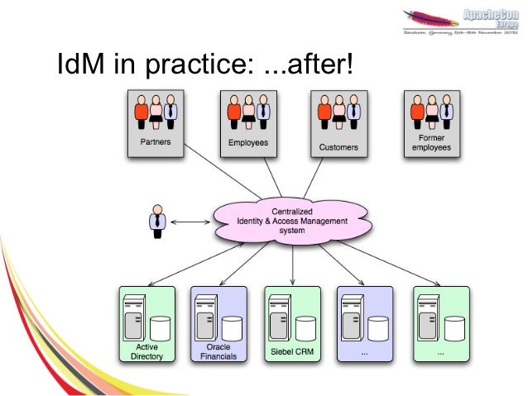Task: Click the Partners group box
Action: [x=155, y=123]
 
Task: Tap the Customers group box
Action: [x=338, y=123]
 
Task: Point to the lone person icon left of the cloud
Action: [x=156, y=220]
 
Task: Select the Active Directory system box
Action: [x=147, y=324]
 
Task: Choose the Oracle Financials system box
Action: [x=218, y=324]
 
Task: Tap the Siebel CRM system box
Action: [x=292, y=324]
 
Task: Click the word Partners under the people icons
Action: [x=155, y=142]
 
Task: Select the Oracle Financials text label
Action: [x=218, y=352]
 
